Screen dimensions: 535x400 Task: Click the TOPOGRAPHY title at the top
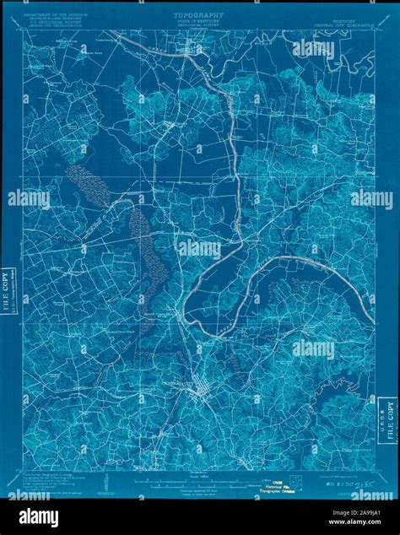(199, 15)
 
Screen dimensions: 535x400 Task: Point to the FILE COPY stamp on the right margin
(390, 422)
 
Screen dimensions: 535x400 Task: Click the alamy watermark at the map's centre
(199, 250)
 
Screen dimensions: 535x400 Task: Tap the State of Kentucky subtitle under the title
(199, 23)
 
